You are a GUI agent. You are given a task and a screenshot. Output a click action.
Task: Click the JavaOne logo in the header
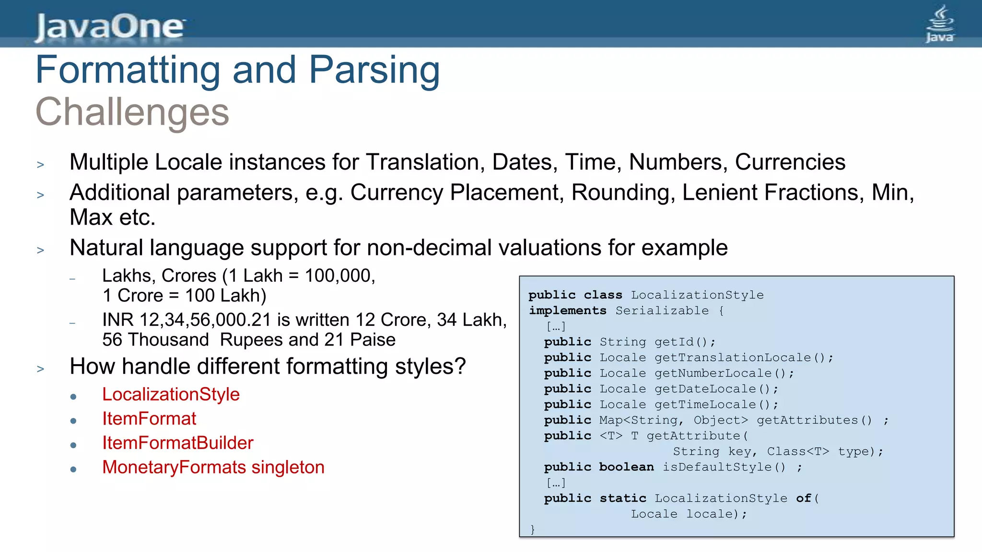tap(110, 27)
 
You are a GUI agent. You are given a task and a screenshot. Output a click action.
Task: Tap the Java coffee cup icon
tap(940, 24)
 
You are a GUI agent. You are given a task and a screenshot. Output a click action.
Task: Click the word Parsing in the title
tap(374, 70)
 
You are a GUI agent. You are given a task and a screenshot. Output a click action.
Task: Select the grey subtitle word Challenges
tap(132, 112)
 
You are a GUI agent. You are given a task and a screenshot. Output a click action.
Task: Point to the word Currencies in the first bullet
tap(790, 162)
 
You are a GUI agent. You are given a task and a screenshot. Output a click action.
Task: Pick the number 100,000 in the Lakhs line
tap(339, 276)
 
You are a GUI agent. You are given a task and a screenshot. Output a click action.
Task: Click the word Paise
tap(373, 340)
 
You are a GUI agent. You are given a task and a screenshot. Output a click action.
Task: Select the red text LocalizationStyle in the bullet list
tap(171, 394)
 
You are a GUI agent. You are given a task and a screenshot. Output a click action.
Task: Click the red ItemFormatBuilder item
tap(177, 443)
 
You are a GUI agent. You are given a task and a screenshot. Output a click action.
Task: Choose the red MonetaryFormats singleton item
tap(213, 467)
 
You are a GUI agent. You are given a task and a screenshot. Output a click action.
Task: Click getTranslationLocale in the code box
tap(733, 357)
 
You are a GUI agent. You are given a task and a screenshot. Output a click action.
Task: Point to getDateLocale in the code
tap(705, 389)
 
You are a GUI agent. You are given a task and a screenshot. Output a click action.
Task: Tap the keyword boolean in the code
tap(626, 467)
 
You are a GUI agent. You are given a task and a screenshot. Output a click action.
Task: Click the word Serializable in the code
tap(662, 310)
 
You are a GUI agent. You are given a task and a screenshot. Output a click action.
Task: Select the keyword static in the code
tap(622, 498)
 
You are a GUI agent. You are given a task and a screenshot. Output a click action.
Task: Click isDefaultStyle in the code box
tap(717, 467)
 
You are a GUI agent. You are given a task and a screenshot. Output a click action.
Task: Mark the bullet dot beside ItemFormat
tap(73, 421)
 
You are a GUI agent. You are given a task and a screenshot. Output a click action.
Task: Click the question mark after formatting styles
tap(460, 367)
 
